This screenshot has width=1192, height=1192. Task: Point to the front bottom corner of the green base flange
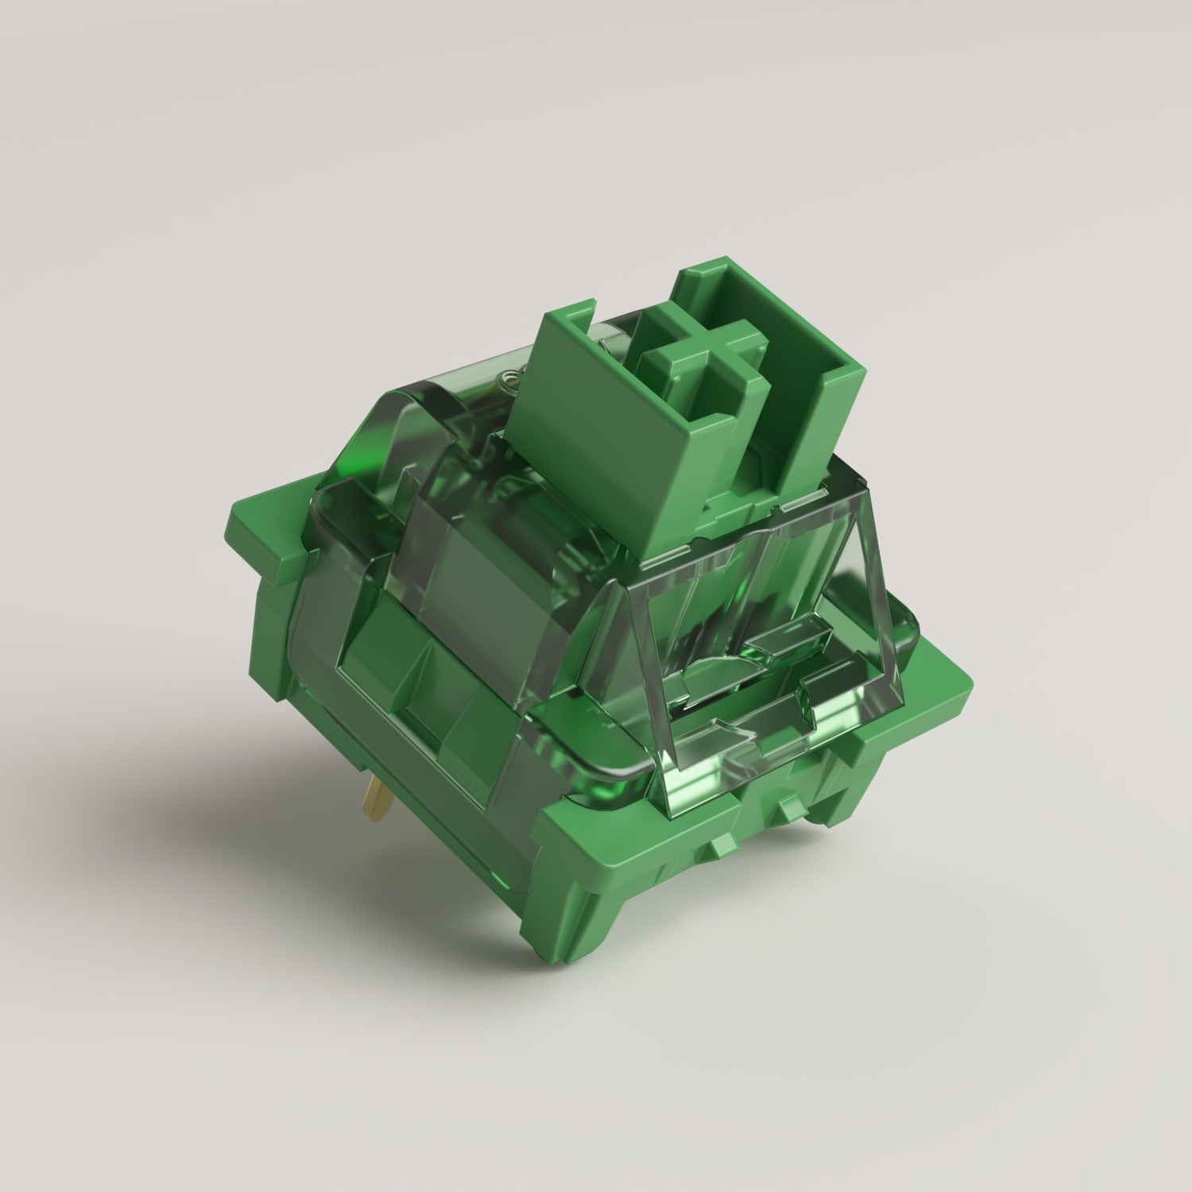(556, 874)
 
